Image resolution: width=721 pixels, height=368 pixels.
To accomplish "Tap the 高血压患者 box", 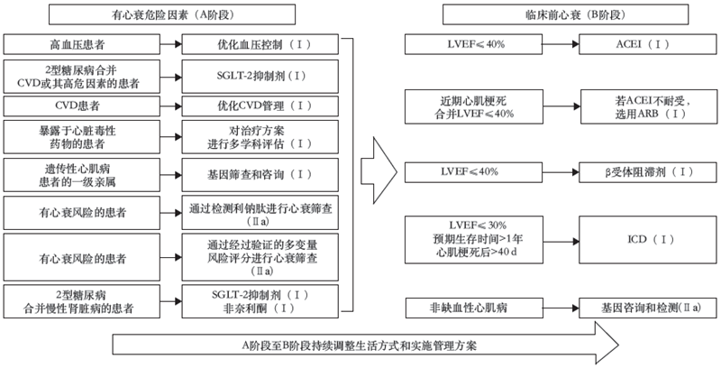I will pyautogui.click(x=75, y=44).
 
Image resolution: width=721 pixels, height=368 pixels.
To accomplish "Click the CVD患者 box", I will pyautogui.click(x=75, y=106).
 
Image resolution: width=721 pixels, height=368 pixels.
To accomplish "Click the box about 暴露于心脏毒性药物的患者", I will pyautogui.click(x=75, y=138).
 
